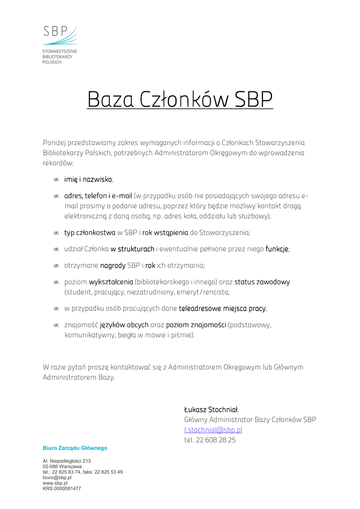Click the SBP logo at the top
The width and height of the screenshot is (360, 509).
(x=60, y=36)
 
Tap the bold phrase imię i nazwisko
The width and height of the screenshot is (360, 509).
(x=88, y=179)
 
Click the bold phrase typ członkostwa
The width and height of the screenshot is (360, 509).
(x=90, y=232)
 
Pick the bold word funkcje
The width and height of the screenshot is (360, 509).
(x=277, y=249)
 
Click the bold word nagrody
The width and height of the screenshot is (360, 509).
(x=113, y=265)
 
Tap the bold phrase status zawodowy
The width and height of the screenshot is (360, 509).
(x=262, y=282)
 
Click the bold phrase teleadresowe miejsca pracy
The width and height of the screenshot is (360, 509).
(x=222, y=309)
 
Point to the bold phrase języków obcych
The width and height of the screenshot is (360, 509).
(x=124, y=325)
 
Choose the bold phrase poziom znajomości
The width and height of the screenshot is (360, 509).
(x=196, y=325)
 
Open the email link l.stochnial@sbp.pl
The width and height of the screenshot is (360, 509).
(x=213, y=430)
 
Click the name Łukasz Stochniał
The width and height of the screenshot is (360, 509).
(x=211, y=410)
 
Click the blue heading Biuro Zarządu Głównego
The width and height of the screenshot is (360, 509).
(x=75, y=448)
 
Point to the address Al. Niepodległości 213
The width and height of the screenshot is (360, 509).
(x=67, y=461)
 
